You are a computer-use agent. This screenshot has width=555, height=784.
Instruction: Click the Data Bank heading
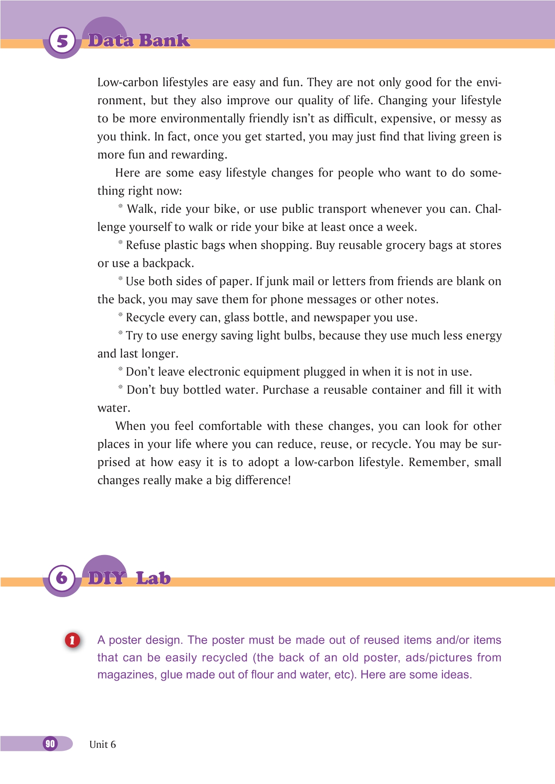(x=139, y=40)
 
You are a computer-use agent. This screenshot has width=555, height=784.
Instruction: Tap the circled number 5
(x=62, y=41)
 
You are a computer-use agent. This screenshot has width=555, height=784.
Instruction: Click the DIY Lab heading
(x=129, y=578)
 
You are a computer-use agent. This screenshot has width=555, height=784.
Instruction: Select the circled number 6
(x=62, y=578)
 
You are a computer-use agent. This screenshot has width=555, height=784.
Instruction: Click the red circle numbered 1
(x=72, y=640)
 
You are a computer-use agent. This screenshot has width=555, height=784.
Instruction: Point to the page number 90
(x=50, y=744)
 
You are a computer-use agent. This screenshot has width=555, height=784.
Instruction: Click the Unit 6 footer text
(x=102, y=744)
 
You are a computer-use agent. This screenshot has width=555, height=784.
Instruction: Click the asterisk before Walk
(x=121, y=207)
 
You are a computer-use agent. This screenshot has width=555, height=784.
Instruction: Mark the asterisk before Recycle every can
(x=121, y=315)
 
